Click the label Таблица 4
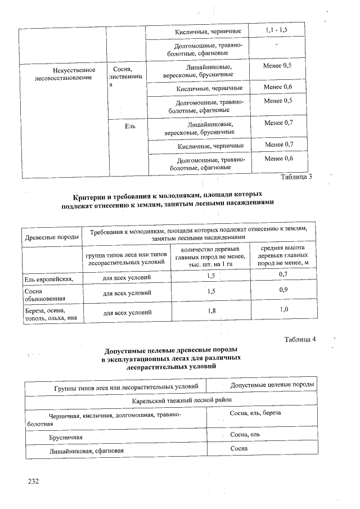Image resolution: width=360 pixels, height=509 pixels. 300,339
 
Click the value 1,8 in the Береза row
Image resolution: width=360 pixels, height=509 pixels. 211,310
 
